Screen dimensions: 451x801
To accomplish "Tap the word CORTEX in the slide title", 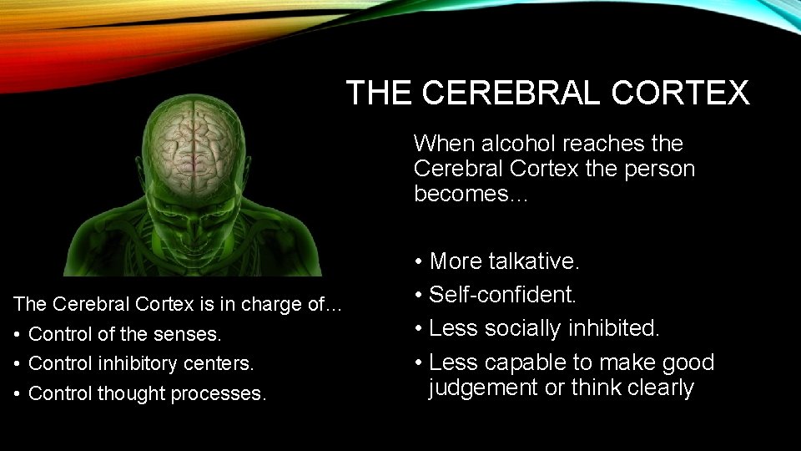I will click(x=680, y=93).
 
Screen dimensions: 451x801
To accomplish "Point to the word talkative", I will click(x=537, y=261).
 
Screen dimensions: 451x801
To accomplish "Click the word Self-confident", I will click(x=503, y=295).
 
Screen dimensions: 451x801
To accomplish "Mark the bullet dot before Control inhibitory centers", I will click(x=18, y=364).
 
